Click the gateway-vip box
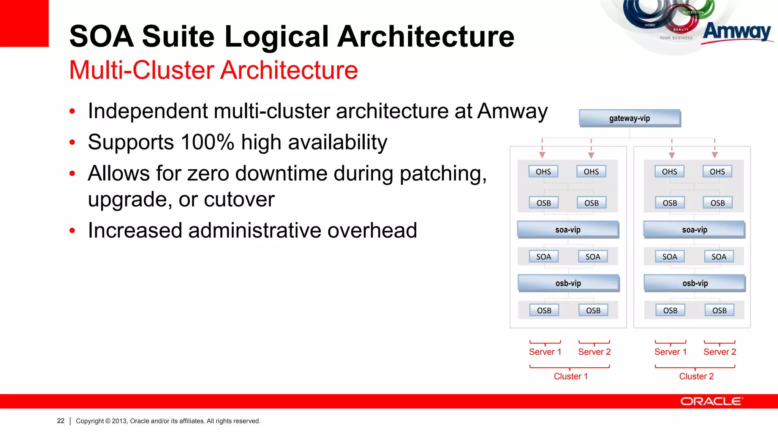629,118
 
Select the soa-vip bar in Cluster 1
568,230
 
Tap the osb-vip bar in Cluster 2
695,283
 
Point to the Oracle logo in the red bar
711,401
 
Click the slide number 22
61,421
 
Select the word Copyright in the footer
90,421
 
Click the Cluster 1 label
571,376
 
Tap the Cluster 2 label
696,376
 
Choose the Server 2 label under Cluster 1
594,352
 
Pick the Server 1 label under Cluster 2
670,352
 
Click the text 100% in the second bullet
207,142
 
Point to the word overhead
372,230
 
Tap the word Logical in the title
277,36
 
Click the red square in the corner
24,23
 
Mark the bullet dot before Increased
72,231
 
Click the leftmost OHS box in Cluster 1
543,172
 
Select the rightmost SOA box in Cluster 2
719,257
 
